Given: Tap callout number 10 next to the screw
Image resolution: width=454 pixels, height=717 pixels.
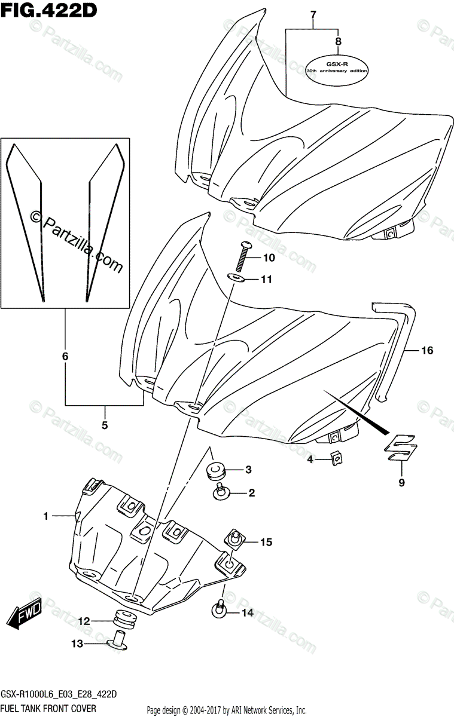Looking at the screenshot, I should click(269, 258).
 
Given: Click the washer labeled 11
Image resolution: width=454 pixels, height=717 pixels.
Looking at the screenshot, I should click(239, 278).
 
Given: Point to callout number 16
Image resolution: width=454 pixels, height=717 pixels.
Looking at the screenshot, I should click(426, 351).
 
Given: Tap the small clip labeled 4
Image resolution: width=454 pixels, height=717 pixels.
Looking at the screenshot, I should click(337, 459).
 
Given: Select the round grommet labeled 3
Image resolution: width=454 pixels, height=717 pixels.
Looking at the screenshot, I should click(215, 471).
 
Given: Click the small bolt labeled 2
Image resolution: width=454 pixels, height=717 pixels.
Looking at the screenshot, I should click(220, 492).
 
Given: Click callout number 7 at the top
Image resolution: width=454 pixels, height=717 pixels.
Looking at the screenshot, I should click(312, 13).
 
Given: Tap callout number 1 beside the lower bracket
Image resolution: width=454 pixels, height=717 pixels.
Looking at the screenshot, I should click(46, 515).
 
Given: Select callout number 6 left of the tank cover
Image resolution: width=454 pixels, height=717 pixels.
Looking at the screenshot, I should click(65, 357).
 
